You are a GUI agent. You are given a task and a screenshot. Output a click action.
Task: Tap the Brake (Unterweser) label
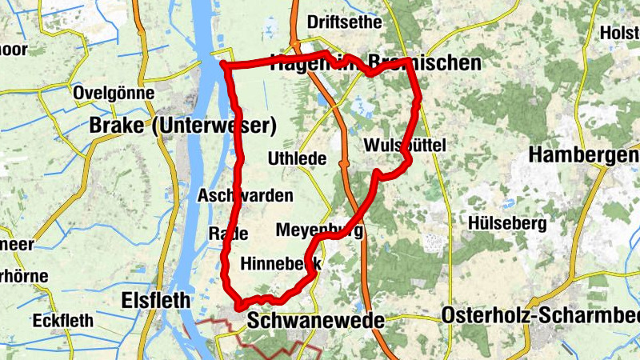(x=183, y=126)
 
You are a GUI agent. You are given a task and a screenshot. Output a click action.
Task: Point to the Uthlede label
(x=298, y=158)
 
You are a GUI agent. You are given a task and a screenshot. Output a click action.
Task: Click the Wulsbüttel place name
(x=404, y=145)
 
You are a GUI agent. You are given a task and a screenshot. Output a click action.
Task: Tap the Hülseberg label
(x=508, y=222)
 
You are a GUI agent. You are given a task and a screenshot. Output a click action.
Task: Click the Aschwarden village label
(x=245, y=196)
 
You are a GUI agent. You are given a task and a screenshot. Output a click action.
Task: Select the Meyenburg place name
(x=319, y=230)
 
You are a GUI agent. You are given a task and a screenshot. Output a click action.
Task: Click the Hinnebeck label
(x=281, y=263)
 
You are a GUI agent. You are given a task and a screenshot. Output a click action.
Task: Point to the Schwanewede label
(x=316, y=321)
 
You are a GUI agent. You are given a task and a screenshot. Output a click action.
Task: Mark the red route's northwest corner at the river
(x=225, y=64)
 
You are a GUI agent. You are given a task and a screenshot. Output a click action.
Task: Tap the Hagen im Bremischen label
(x=376, y=62)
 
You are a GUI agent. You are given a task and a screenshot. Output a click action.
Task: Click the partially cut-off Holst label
(x=619, y=34)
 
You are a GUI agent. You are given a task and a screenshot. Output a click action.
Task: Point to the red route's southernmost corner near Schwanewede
(x=239, y=306)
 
